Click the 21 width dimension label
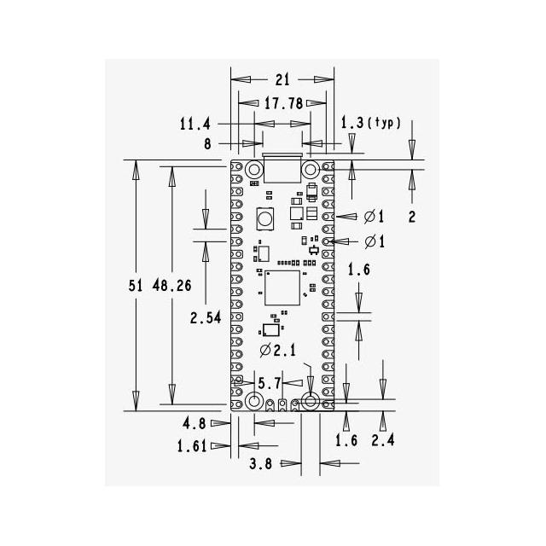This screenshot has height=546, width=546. click(x=282, y=79)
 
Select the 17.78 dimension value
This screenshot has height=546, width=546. click(x=283, y=103)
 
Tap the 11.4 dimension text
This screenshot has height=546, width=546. click(x=195, y=124)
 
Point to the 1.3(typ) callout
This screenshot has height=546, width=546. click(x=371, y=123)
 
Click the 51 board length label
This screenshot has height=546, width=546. click(x=136, y=286)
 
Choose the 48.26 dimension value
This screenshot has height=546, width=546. click(x=172, y=286)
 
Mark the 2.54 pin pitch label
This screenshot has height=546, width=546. click(x=206, y=317)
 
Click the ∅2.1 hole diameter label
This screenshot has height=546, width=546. click(x=278, y=351)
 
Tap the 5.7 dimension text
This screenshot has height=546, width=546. click(x=270, y=383)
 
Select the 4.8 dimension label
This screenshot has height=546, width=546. click(x=194, y=424)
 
